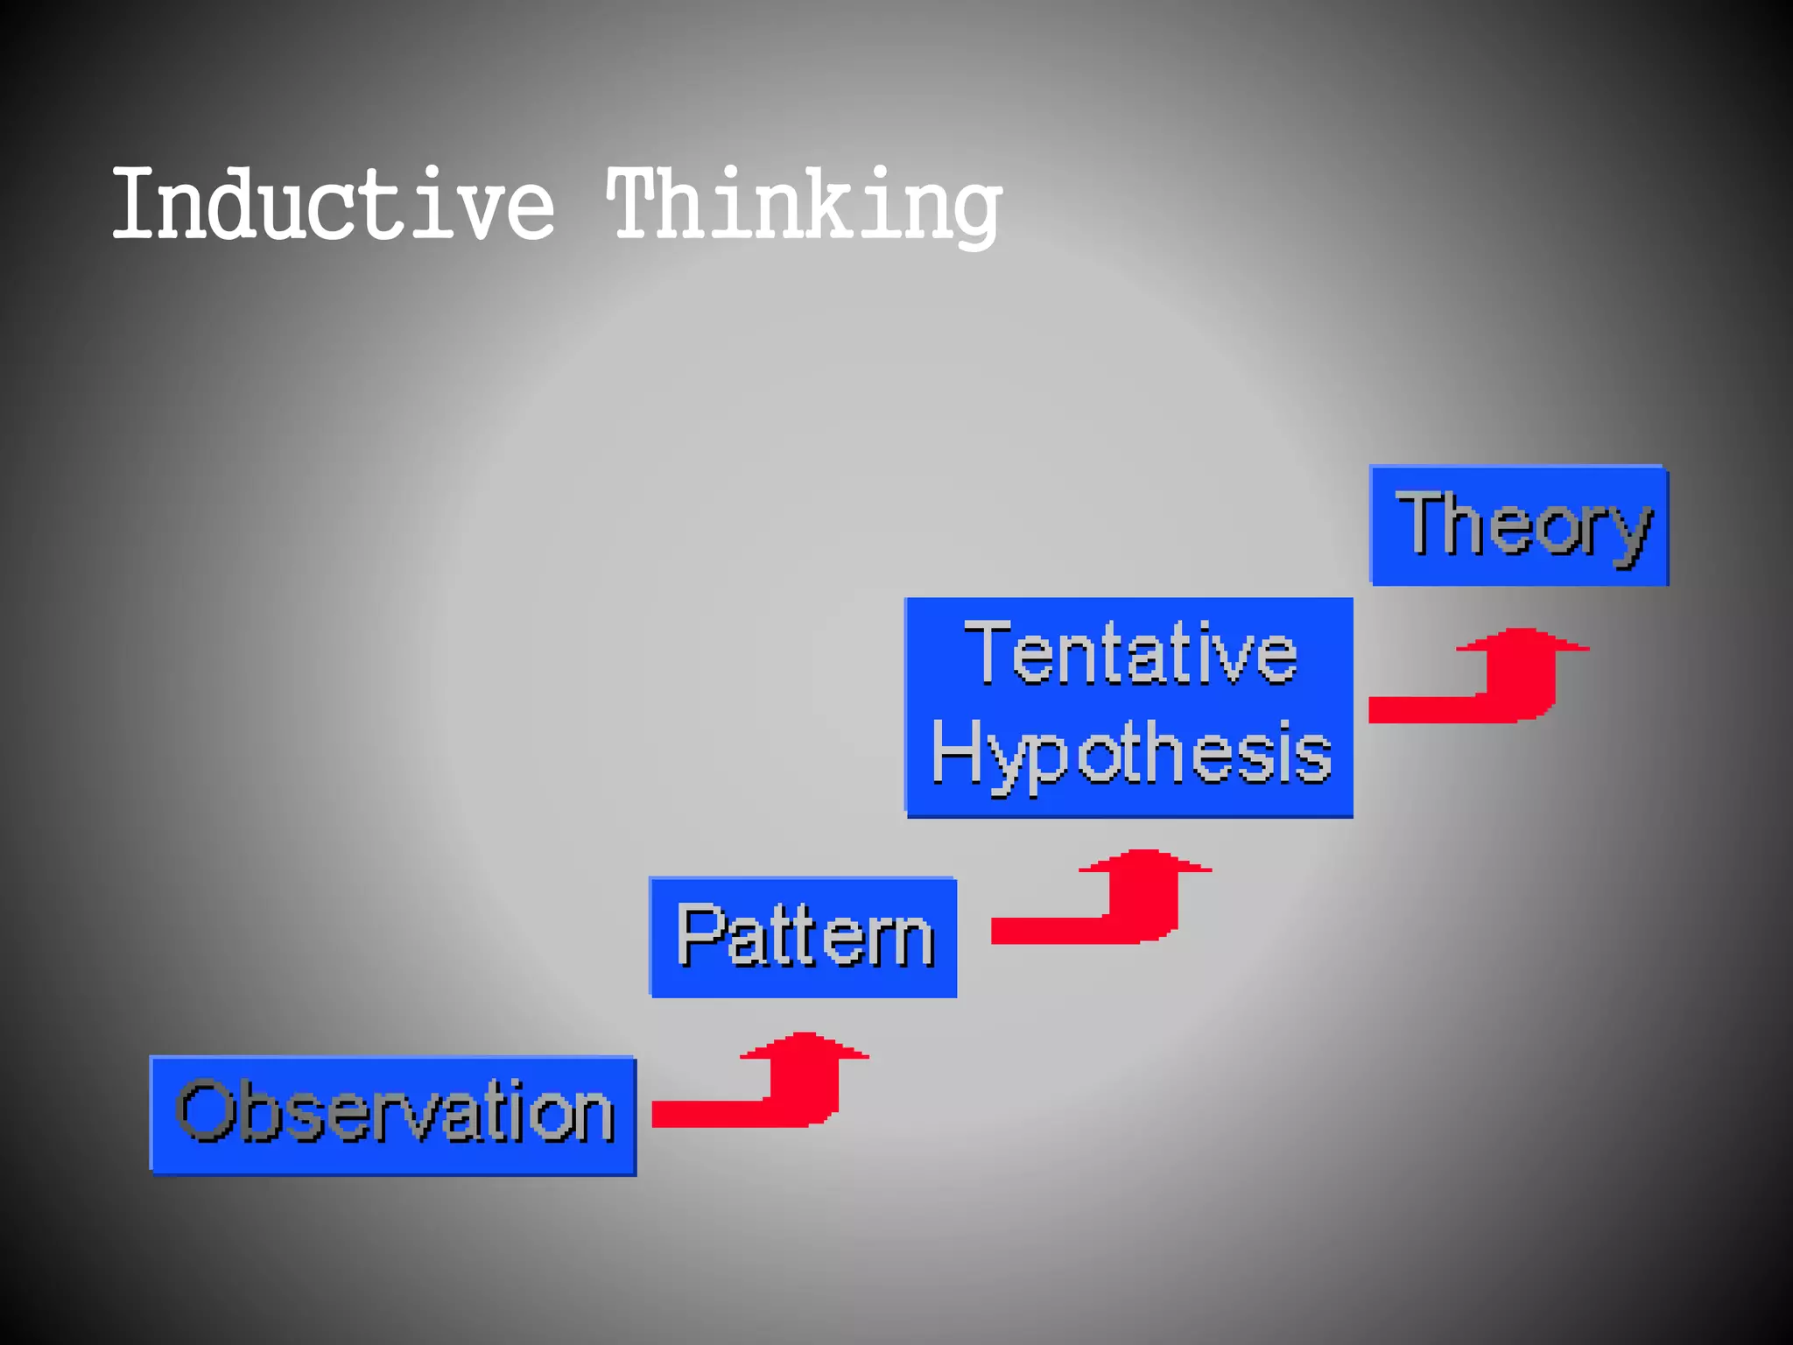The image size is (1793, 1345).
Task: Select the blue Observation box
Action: pyautogui.click(x=393, y=1115)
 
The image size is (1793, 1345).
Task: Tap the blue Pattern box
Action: pyautogui.click(x=803, y=937)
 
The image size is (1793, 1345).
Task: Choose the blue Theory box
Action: pyautogui.click(x=1519, y=525)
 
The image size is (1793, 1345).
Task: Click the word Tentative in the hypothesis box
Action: pyautogui.click(x=1129, y=653)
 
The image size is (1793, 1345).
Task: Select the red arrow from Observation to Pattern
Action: pyautogui.click(x=770, y=1086)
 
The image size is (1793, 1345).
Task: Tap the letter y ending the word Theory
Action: pyautogui.click(x=1630, y=534)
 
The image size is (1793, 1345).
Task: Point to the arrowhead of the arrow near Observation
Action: pyautogui.click(x=804, y=1047)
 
